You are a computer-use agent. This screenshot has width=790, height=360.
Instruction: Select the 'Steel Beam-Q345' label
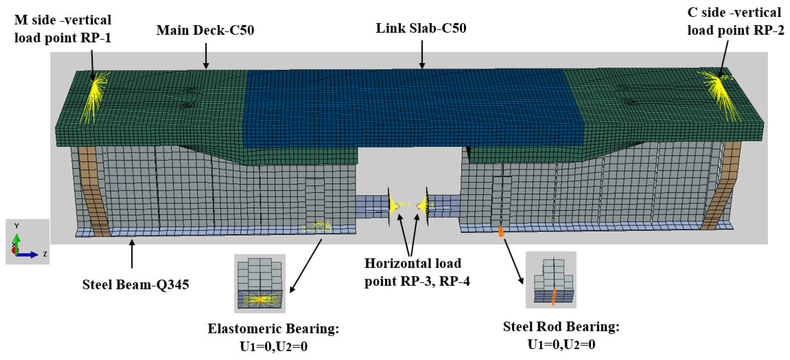tap(135, 285)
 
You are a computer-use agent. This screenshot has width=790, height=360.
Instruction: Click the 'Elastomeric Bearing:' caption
tap(273, 329)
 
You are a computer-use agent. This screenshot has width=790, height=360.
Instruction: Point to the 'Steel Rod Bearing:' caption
tap(561, 327)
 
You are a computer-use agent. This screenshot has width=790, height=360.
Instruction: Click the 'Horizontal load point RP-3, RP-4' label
tap(417, 272)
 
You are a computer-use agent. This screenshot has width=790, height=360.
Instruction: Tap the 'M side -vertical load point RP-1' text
tap(63, 29)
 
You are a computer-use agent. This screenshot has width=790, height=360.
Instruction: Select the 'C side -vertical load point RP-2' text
tap(735, 21)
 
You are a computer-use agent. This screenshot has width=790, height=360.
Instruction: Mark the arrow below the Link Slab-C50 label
tap(422, 55)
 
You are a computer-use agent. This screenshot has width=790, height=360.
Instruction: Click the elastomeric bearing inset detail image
tap(260, 283)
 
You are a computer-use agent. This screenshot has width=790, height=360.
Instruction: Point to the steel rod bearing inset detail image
tap(551, 280)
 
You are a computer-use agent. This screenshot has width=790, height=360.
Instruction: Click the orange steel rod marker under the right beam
tap(500, 232)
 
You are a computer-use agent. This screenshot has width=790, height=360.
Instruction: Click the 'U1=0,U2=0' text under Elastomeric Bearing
tap(273, 346)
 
